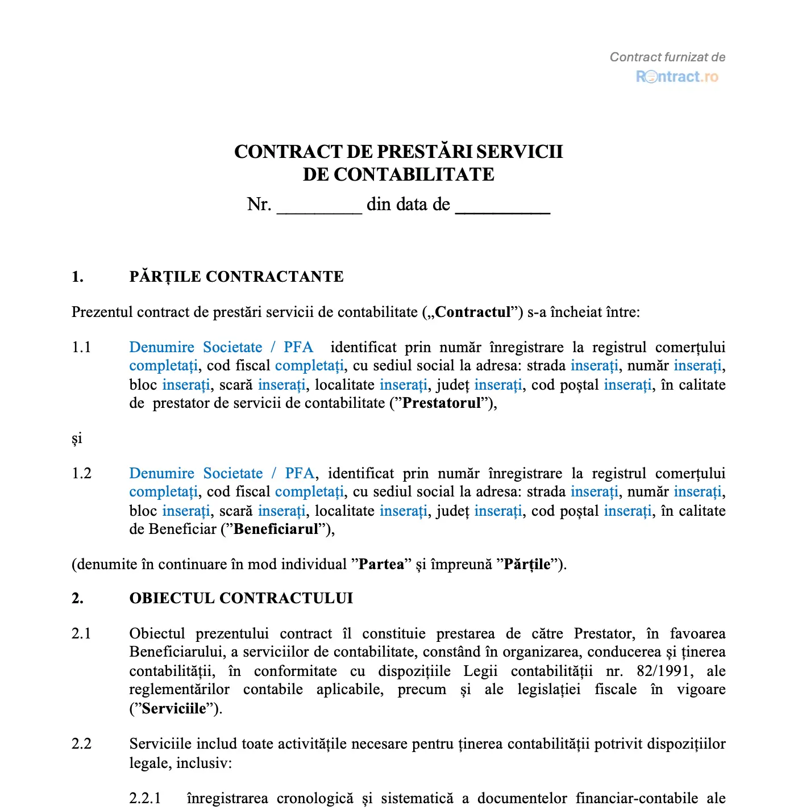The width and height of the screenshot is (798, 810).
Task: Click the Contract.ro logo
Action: (x=677, y=77)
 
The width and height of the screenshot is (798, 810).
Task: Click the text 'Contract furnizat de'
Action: (x=667, y=57)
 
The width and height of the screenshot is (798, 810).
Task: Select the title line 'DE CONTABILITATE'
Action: (x=398, y=174)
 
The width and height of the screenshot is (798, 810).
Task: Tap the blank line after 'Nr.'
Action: (x=319, y=206)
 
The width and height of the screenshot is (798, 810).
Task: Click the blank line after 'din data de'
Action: (x=502, y=206)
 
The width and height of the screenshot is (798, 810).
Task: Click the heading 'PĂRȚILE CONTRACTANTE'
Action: (x=236, y=277)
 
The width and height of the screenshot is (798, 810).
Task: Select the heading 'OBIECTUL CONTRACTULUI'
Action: (x=241, y=598)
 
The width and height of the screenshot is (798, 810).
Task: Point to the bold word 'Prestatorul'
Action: (x=442, y=403)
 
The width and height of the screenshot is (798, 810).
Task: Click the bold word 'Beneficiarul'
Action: (x=276, y=529)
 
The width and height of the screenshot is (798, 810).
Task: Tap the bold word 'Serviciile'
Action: (x=174, y=708)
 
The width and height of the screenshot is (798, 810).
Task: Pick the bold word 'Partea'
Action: (x=381, y=565)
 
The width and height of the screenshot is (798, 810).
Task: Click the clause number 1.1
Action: (x=81, y=347)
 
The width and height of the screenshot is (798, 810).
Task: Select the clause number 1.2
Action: (x=81, y=473)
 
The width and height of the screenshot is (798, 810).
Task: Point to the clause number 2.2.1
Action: (x=145, y=798)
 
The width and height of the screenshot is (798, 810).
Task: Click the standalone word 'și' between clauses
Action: (x=77, y=439)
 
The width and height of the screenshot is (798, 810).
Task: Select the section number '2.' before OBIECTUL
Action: (x=77, y=598)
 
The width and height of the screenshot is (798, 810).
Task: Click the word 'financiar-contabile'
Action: (x=637, y=798)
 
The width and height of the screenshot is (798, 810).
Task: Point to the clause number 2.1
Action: (x=81, y=633)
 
